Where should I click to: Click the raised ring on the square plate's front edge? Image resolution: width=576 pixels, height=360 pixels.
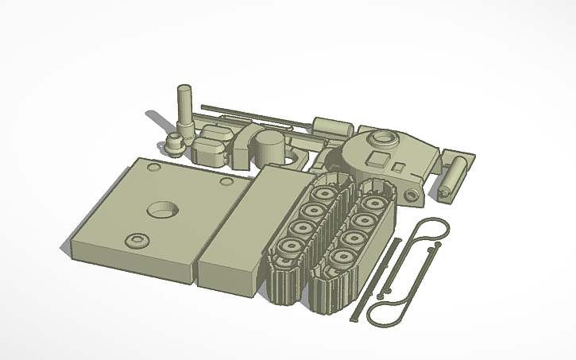137,239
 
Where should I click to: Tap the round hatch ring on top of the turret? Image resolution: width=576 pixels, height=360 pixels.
384,139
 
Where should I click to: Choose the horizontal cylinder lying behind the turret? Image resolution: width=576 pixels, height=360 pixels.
333,126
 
